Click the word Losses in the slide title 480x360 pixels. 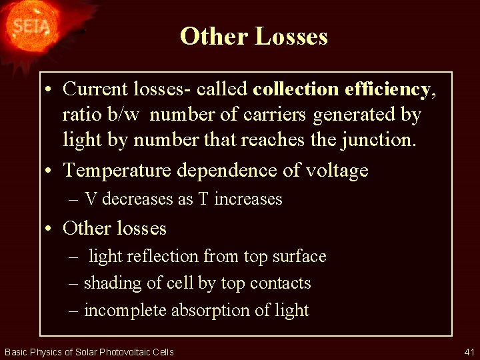click(x=291, y=36)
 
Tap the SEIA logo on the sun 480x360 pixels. click(x=28, y=27)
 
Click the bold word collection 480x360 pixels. click(x=296, y=89)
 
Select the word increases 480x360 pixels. click(x=249, y=199)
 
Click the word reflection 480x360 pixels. click(x=167, y=257)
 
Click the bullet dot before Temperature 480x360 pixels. click(x=50, y=171)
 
